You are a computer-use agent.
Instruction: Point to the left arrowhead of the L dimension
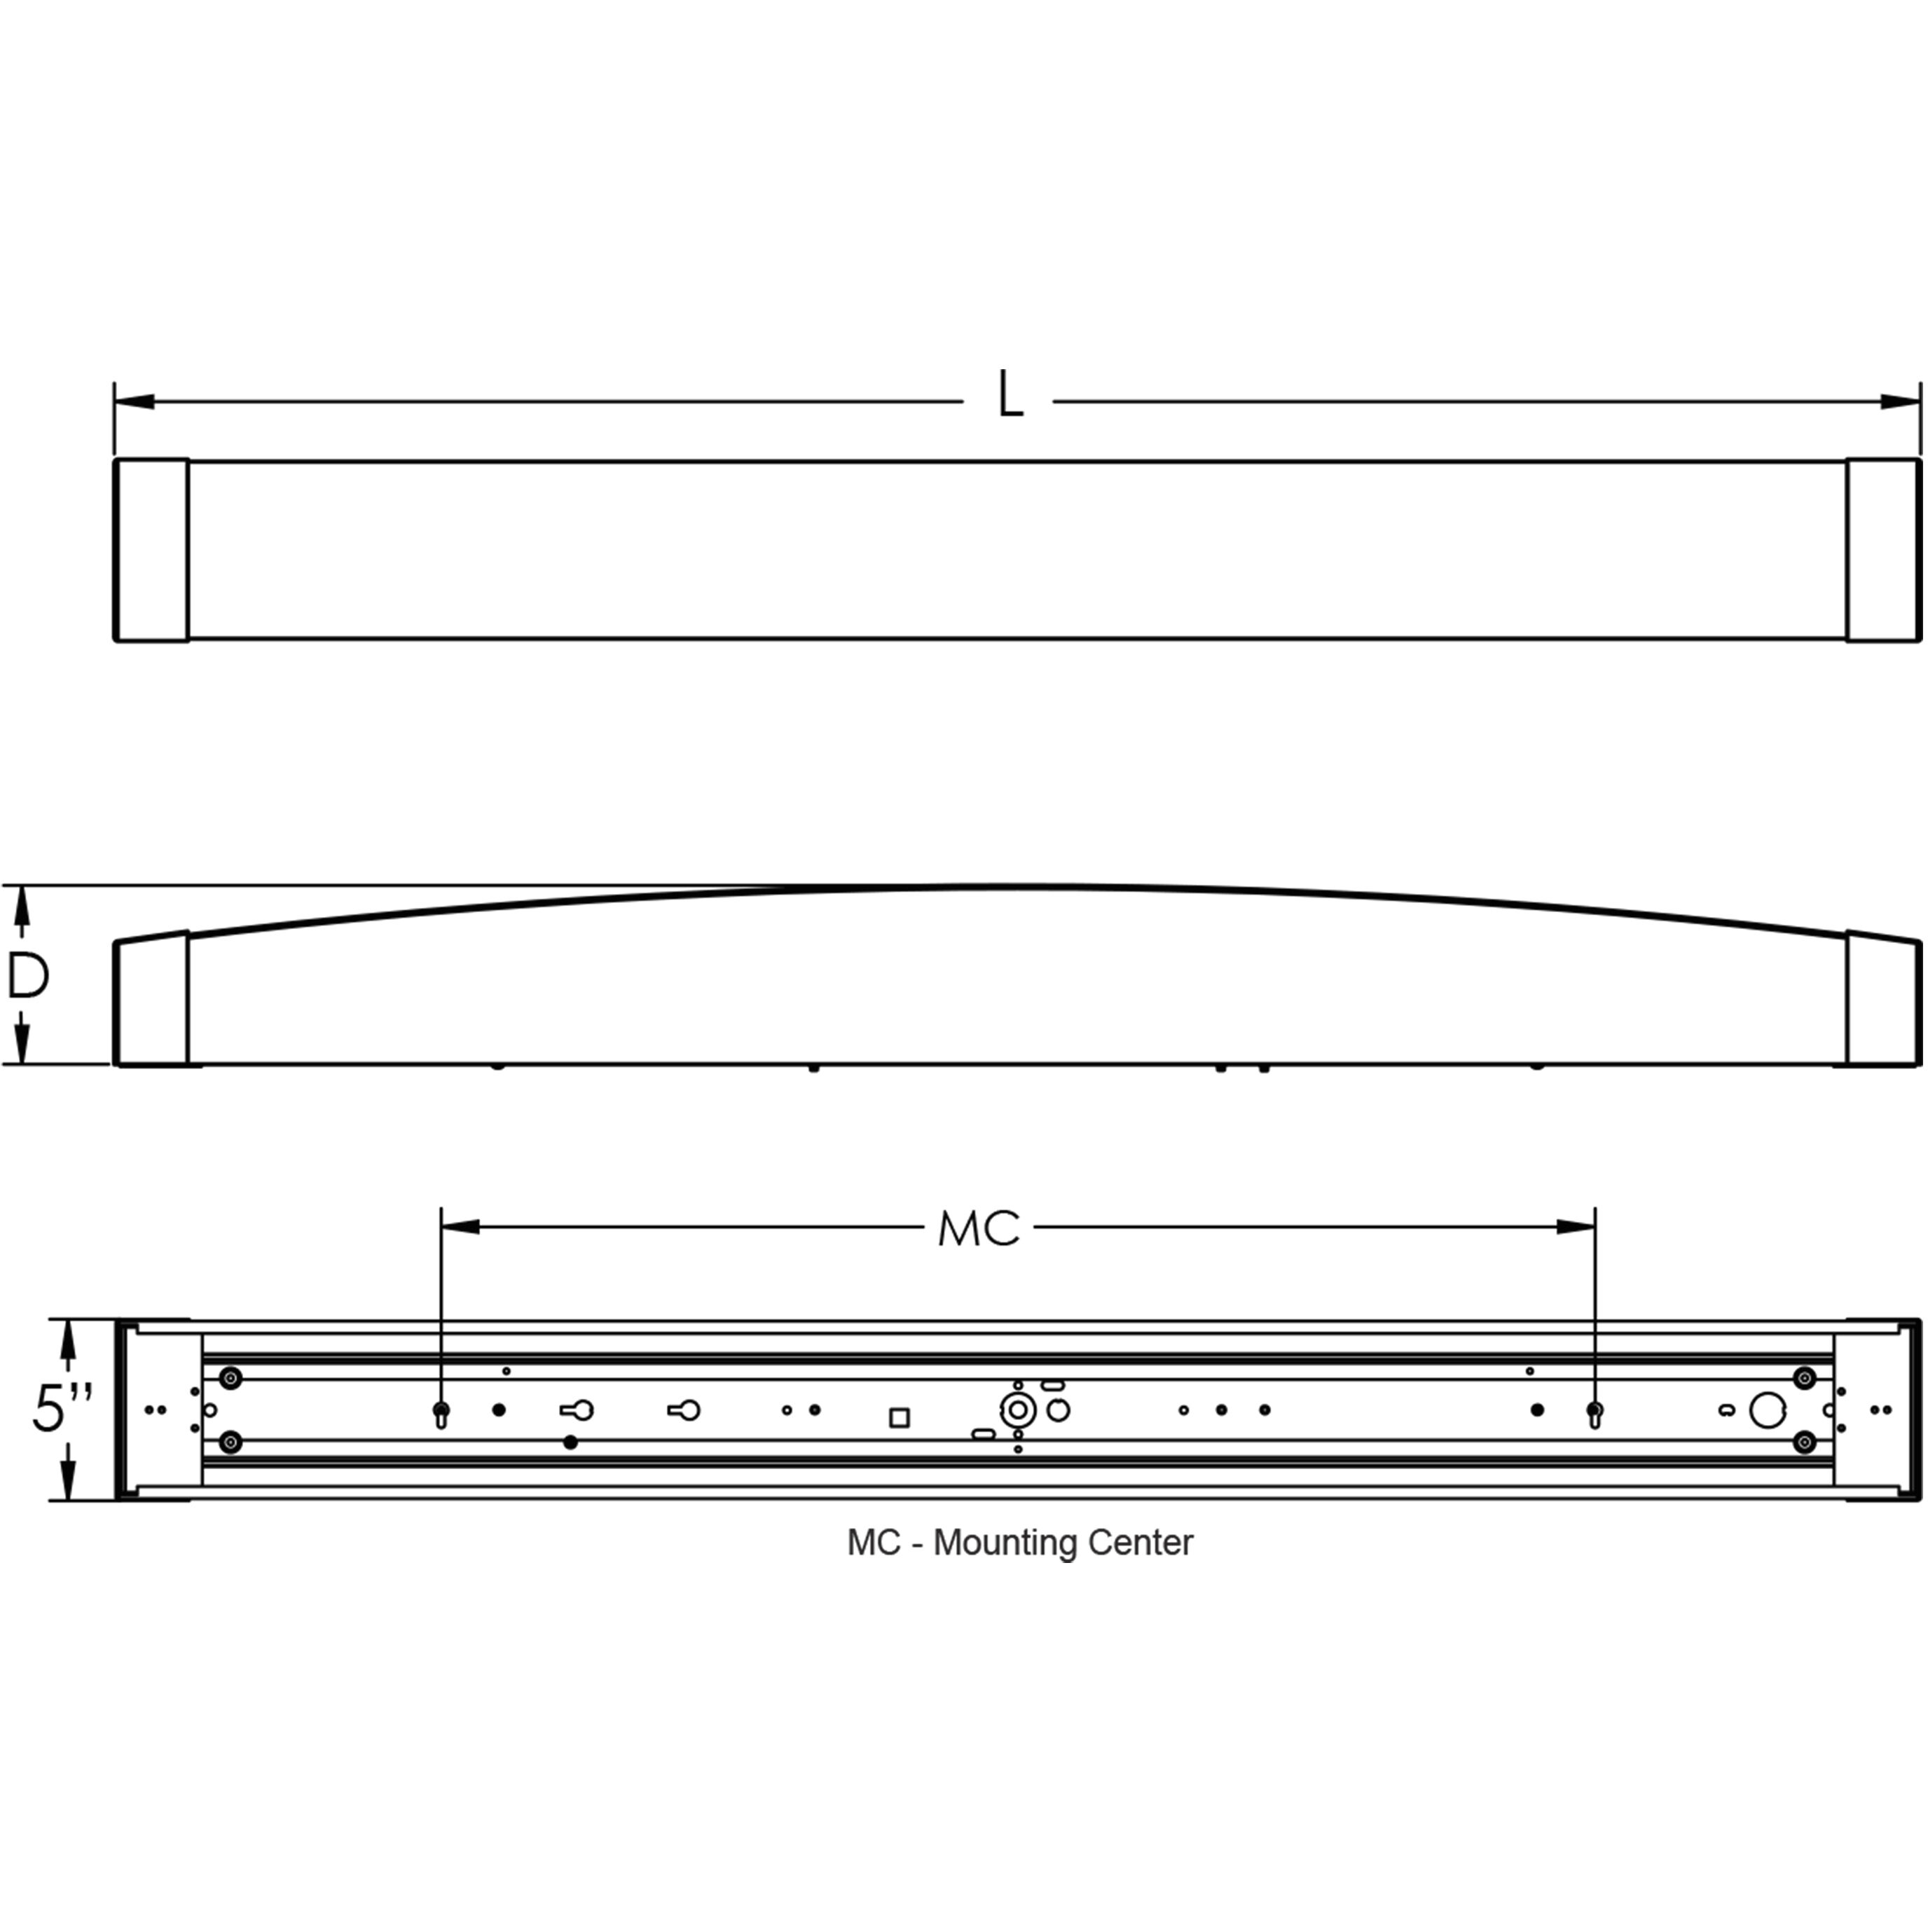[x=134, y=402]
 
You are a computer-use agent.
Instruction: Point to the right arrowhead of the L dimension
[x=1900, y=402]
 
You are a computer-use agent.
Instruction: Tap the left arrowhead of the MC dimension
[x=460, y=1227]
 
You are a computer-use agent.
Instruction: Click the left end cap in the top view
[x=152, y=550]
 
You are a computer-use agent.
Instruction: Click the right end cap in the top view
[x=1883, y=550]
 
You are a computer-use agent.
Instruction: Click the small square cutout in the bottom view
[x=899, y=1418]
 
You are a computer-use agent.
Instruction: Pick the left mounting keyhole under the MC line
[x=441, y=1412]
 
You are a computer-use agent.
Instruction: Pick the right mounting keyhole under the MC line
[x=1595, y=1412]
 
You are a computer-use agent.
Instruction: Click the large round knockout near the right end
[x=1768, y=1410]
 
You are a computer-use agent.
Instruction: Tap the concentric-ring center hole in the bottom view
[x=1017, y=1410]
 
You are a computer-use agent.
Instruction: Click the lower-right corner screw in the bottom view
[x=1804, y=1443]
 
